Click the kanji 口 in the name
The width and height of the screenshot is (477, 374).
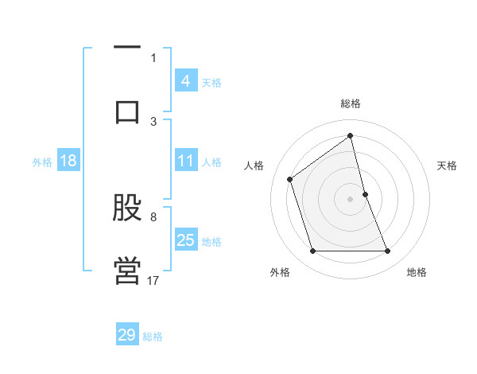(127, 111)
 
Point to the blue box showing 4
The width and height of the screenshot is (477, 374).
(186, 81)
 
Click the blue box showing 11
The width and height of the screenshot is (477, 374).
(186, 161)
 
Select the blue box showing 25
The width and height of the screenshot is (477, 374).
(186, 240)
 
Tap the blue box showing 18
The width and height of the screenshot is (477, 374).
(68, 161)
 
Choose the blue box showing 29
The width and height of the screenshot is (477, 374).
(127, 335)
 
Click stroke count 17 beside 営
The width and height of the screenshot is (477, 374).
(153, 280)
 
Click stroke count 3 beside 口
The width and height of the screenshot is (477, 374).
(153, 121)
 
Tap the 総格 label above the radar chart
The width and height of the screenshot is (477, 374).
(351, 103)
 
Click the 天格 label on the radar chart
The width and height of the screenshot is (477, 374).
(448, 166)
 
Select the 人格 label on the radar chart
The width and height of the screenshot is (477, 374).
(254, 166)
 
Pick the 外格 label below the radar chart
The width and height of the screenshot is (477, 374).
(280, 272)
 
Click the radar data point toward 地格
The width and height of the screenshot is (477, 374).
(388, 251)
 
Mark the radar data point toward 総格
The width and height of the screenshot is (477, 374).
(351, 135)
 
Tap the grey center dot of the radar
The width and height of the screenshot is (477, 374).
(351, 198)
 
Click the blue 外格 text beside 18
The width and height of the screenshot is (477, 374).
(42, 162)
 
